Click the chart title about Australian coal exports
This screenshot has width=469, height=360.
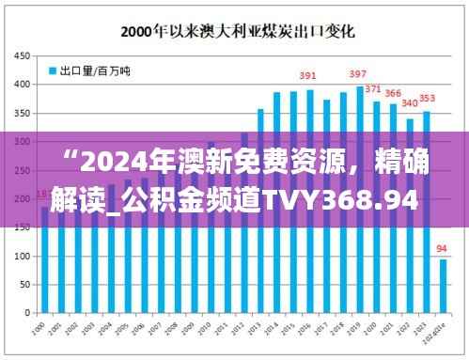[x=235, y=30]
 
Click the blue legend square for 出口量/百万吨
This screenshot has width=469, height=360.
[x=53, y=70]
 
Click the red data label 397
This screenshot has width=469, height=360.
[x=358, y=73]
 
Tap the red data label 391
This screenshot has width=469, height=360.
[x=307, y=76]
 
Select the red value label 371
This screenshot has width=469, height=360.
[x=374, y=89]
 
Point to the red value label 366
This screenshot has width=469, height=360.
[x=393, y=93]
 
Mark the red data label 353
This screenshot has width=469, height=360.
[x=427, y=99]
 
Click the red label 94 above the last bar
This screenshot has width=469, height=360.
[x=443, y=249]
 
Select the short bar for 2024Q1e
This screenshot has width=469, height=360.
[x=443, y=287]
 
